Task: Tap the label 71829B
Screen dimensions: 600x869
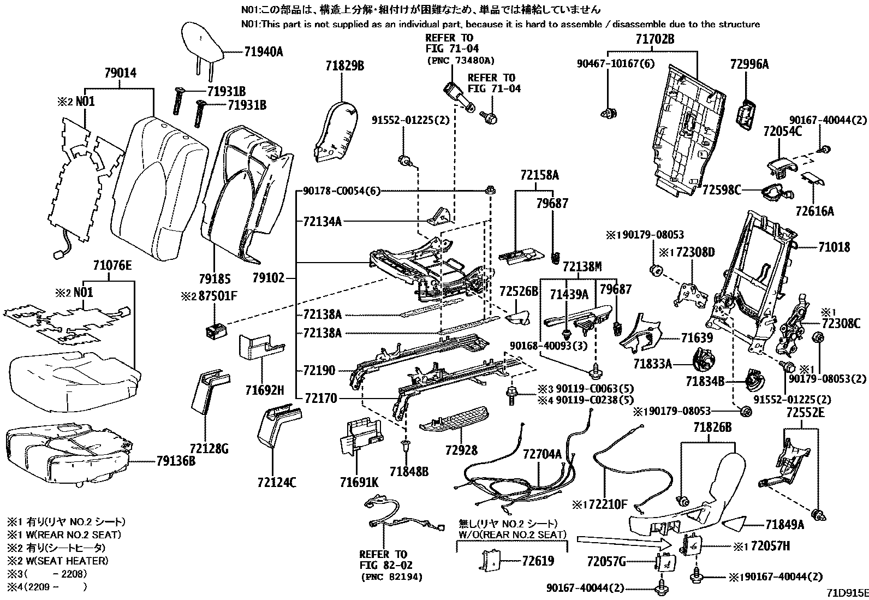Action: (341, 67)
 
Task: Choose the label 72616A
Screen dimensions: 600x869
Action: (814, 211)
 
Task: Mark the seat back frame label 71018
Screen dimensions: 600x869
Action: (834, 247)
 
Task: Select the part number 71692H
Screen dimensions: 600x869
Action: (264, 390)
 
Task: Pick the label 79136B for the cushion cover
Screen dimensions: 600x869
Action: (175, 461)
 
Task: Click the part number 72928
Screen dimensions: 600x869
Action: (461, 450)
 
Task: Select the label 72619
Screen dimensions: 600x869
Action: (537, 561)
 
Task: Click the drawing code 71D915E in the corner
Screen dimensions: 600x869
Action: (846, 592)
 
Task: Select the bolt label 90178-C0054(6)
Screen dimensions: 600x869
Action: (339, 191)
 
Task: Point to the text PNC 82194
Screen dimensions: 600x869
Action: (391, 577)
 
